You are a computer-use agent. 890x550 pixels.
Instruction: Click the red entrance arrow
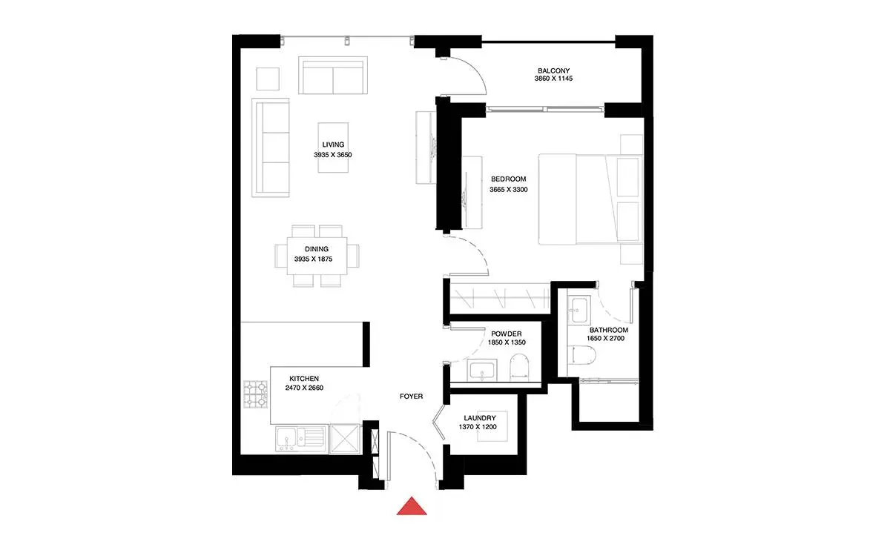tap(412, 507)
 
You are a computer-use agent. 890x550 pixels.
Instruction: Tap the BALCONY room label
tap(553, 70)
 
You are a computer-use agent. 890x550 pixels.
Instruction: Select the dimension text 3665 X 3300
tap(509, 190)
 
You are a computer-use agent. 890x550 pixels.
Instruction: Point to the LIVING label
tap(333, 145)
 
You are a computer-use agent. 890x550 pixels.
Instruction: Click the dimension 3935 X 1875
tap(314, 259)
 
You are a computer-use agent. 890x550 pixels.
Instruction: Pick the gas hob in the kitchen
tap(255, 394)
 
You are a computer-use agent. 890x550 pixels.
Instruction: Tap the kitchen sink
tap(301, 438)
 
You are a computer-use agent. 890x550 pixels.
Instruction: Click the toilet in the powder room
tap(520, 368)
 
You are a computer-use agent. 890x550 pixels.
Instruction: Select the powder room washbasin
tap(482, 370)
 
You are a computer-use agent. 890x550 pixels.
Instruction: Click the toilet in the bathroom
tap(581, 355)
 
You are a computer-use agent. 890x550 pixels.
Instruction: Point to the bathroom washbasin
tap(579, 309)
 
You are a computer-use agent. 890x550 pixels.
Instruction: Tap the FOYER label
tap(411, 397)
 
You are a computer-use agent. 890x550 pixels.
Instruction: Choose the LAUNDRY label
tap(480, 418)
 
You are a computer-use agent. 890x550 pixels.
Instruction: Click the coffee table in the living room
tap(333, 148)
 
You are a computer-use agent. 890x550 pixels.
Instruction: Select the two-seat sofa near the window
tap(333, 75)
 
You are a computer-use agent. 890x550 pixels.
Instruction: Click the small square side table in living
tap(268, 79)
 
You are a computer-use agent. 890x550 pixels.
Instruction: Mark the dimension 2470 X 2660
tap(304, 388)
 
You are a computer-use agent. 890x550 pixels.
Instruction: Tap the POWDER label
tap(507, 334)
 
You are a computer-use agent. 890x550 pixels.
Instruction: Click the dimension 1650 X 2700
tap(605, 338)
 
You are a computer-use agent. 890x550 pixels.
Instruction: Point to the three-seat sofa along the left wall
tap(270, 148)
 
